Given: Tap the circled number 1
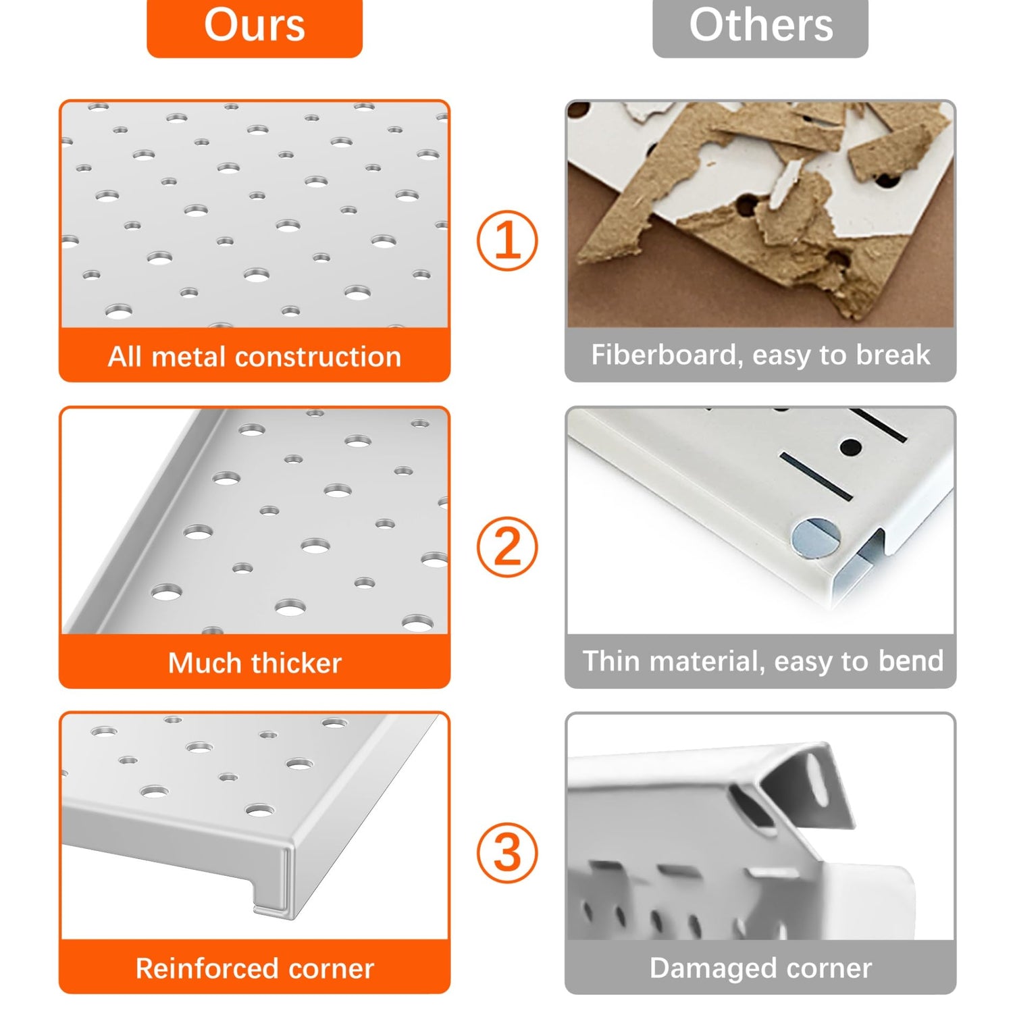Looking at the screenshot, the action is coord(507,240).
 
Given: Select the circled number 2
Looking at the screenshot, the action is coord(507,546).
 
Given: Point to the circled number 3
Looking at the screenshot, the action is coord(507,852).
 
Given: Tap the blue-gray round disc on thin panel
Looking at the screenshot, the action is coord(816,538).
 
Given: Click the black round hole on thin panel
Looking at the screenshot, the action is coord(851,446).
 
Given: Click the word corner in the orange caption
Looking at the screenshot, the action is coord(331,969).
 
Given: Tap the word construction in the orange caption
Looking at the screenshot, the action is coord(318,357).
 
